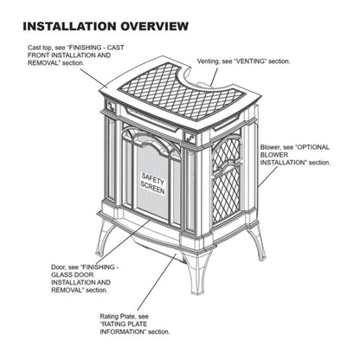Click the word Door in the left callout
tap(35, 267)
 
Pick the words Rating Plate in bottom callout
tap(117, 318)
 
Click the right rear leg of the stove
tap(256, 241)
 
